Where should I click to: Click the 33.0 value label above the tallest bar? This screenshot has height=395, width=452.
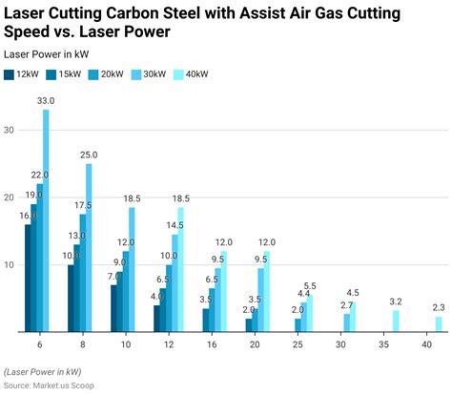[45, 101]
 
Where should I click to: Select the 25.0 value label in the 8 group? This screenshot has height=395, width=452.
[88, 155]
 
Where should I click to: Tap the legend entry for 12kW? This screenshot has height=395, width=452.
[24, 73]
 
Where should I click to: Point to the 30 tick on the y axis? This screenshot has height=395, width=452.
[10, 130]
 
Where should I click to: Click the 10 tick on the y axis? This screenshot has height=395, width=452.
[10, 265]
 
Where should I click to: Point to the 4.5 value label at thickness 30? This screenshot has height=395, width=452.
[353, 293]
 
